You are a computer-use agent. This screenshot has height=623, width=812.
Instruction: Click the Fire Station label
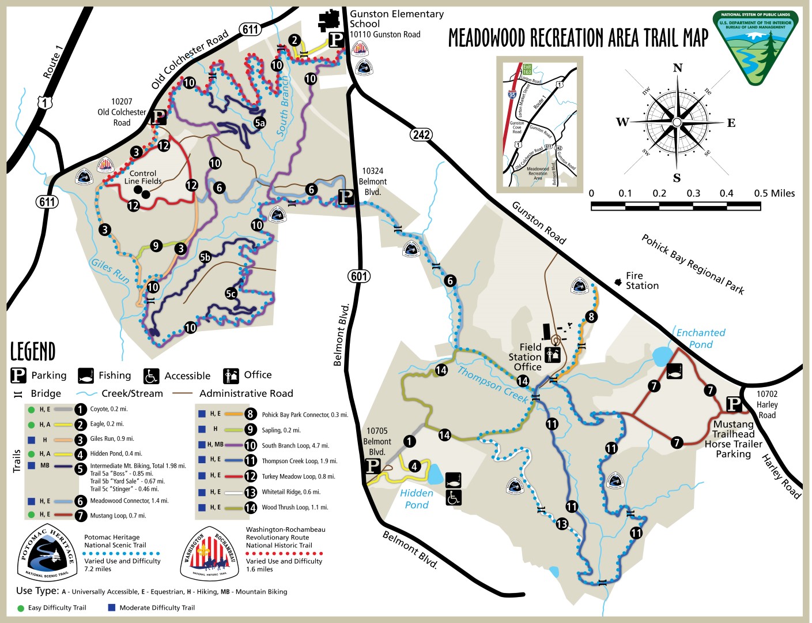pyautogui.click(x=641, y=281)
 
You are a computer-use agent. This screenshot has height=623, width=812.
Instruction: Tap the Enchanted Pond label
pyautogui.click(x=700, y=339)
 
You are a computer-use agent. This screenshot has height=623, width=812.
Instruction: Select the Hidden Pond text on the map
pyautogui.click(x=416, y=499)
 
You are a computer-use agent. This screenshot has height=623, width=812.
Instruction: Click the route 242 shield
pyautogui.click(x=421, y=134)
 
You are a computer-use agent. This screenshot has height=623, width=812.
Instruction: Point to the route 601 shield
pyautogui.click(x=359, y=276)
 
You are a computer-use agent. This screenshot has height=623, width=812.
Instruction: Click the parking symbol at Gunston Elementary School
pyautogui.click(x=337, y=39)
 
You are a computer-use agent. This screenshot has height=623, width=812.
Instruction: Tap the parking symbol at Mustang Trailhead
pyautogui.click(x=734, y=404)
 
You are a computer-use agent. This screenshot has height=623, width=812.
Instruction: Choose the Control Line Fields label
pyautogui.click(x=143, y=177)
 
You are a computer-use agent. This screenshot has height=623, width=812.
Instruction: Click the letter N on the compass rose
pyautogui.click(x=678, y=68)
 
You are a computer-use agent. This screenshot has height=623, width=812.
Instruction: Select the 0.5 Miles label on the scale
pyautogui.click(x=774, y=193)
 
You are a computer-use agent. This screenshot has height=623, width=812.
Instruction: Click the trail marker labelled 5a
pyautogui.click(x=260, y=123)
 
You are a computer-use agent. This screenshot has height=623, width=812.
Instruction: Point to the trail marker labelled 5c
pyautogui.click(x=231, y=294)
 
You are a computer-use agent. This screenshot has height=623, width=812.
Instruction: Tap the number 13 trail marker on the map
pyautogui.click(x=562, y=524)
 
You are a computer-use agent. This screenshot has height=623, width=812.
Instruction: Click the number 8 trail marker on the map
pyautogui.click(x=591, y=316)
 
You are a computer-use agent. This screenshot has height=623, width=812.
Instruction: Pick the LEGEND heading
pyautogui.click(x=33, y=351)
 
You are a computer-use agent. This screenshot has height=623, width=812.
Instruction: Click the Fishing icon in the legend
pyautogui.click(x=86, y=376)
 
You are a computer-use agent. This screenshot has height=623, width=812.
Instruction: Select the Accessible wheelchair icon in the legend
pyautogui.click(x=151, y=376)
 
